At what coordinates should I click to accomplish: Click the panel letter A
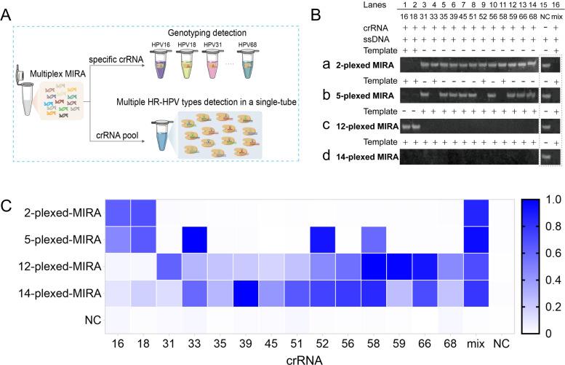(9, 11)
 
